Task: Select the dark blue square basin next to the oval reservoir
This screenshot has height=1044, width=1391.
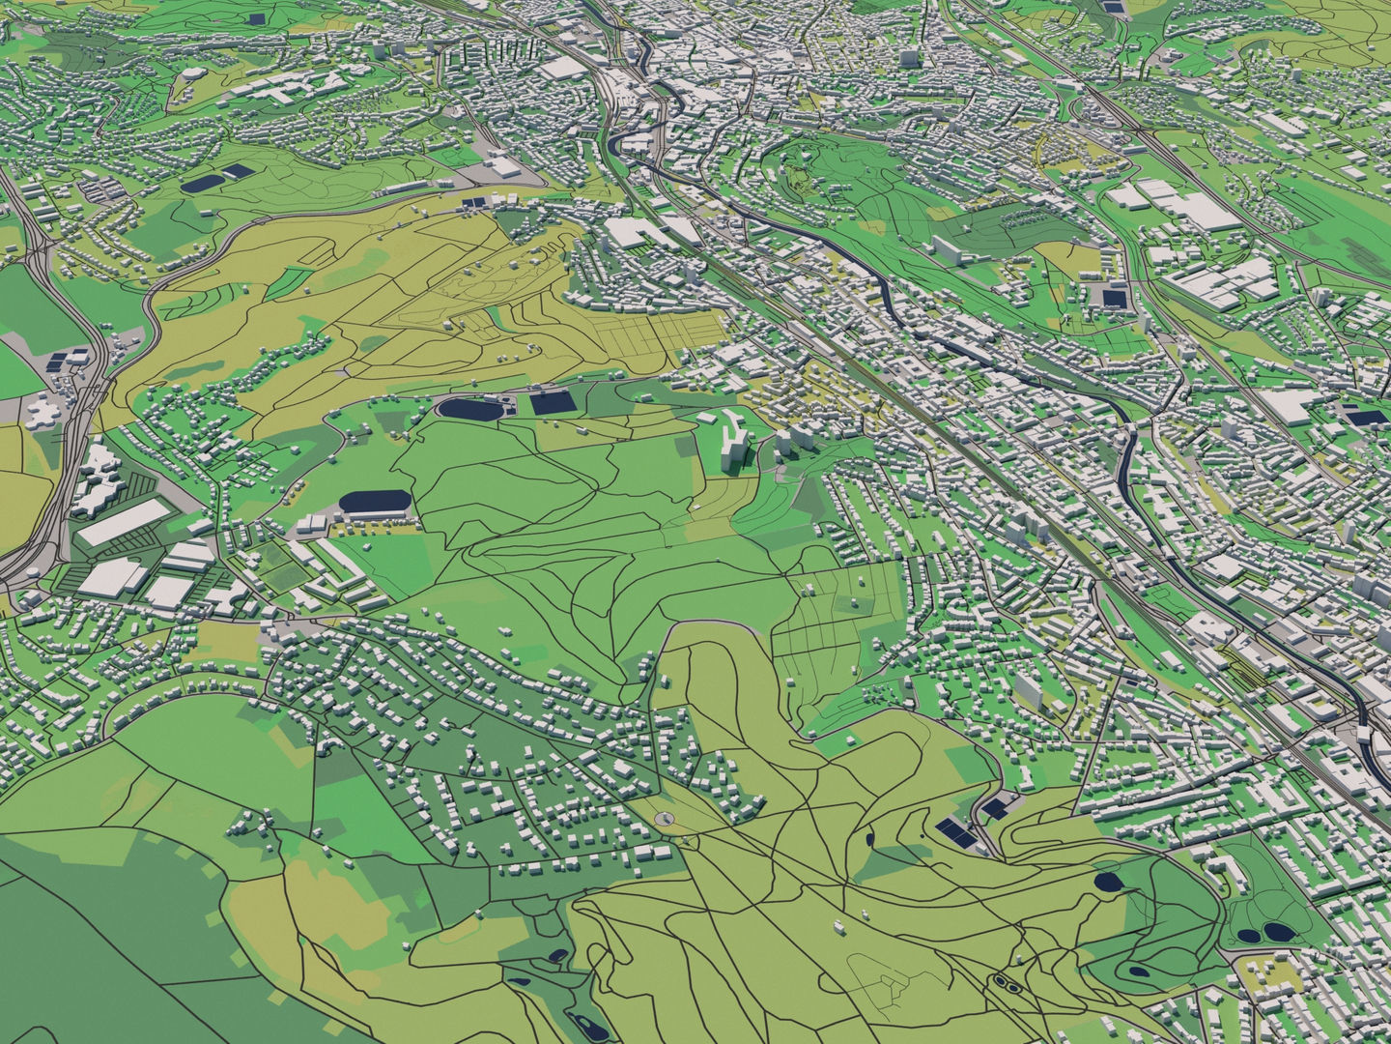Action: click(553, 403)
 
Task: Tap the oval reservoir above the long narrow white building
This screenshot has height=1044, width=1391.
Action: click(376, 502)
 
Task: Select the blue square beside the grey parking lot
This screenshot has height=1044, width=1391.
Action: click(1114, 297)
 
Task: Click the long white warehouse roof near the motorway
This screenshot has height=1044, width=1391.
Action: click(123, 523)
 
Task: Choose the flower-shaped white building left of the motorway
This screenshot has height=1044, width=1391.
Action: click(43, 413)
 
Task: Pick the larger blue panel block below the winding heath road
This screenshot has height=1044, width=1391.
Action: click(954, 830)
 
